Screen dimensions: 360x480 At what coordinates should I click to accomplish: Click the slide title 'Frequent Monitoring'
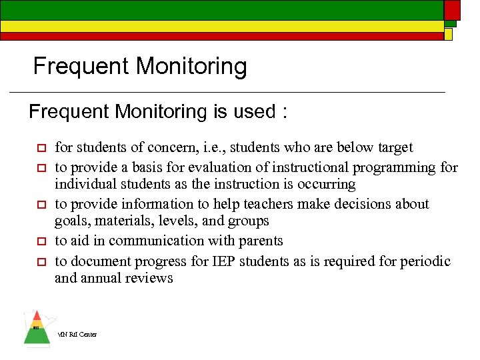140,67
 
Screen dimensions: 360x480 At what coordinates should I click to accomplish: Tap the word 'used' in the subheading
251,111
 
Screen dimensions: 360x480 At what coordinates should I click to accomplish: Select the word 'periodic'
425,261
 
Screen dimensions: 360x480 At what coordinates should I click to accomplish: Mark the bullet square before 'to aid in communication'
41,241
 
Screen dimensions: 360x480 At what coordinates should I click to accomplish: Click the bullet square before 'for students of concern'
41,148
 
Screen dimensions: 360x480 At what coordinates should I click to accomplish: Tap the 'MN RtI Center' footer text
77,334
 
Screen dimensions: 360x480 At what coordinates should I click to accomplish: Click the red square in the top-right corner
452,9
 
